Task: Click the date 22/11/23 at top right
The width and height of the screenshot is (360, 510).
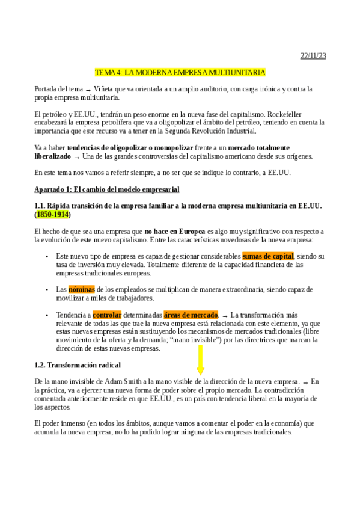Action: tap(313, 56)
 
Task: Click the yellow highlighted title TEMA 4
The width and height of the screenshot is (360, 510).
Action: tap(180, 73)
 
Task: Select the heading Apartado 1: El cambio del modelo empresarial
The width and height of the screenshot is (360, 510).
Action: tap(107, 189)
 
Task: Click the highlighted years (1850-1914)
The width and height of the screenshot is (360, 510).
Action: tap(52, 214)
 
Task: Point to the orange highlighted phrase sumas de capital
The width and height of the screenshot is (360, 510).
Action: tap(267, 256)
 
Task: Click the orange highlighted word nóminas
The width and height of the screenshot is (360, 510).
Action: tap(82, 289)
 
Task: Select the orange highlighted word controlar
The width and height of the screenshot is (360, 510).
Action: tap(107, 315)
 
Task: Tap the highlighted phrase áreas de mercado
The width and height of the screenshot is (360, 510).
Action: tap(191, 315)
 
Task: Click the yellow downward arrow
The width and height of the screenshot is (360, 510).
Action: tap(200, 362)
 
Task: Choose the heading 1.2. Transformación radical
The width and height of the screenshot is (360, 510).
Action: tap(78, 365)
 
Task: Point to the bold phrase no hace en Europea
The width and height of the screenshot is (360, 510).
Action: tap(175, 231)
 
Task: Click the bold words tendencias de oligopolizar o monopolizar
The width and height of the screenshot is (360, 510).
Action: tap(130, 147)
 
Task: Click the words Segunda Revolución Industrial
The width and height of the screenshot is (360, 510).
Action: tap(212, 131)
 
